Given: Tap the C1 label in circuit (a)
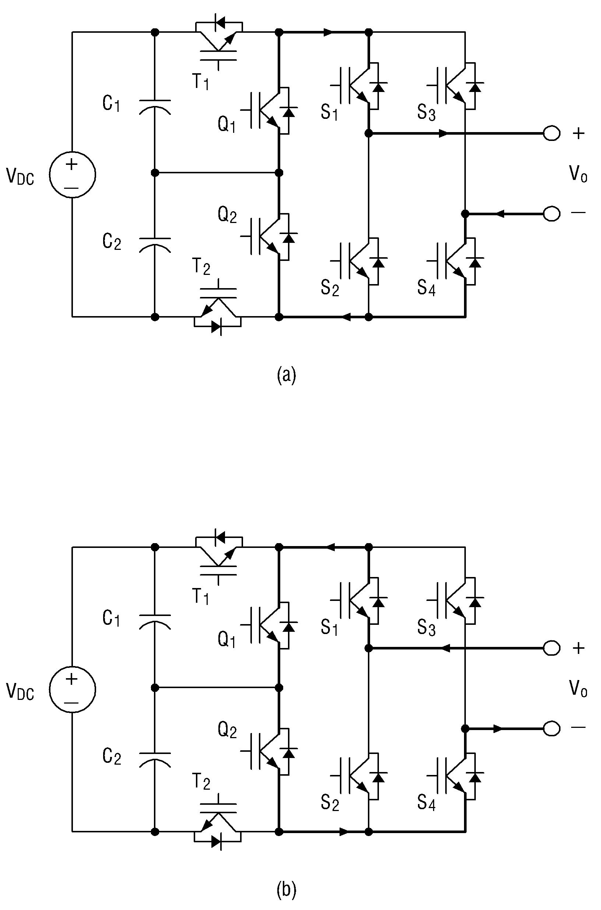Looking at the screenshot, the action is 111,103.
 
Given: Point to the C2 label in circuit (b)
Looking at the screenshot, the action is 112,757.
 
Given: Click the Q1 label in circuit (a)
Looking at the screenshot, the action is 227,124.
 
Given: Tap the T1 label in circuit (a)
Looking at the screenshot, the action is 201,81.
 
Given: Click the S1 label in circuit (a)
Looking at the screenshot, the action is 329,112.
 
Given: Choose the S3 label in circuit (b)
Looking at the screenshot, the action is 426,627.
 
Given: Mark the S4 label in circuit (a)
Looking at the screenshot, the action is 426,288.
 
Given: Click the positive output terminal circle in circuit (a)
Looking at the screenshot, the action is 552,133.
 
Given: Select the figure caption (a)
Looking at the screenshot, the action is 286,375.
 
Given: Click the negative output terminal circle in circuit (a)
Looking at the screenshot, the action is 552,213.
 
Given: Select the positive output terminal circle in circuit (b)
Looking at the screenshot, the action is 552,648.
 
